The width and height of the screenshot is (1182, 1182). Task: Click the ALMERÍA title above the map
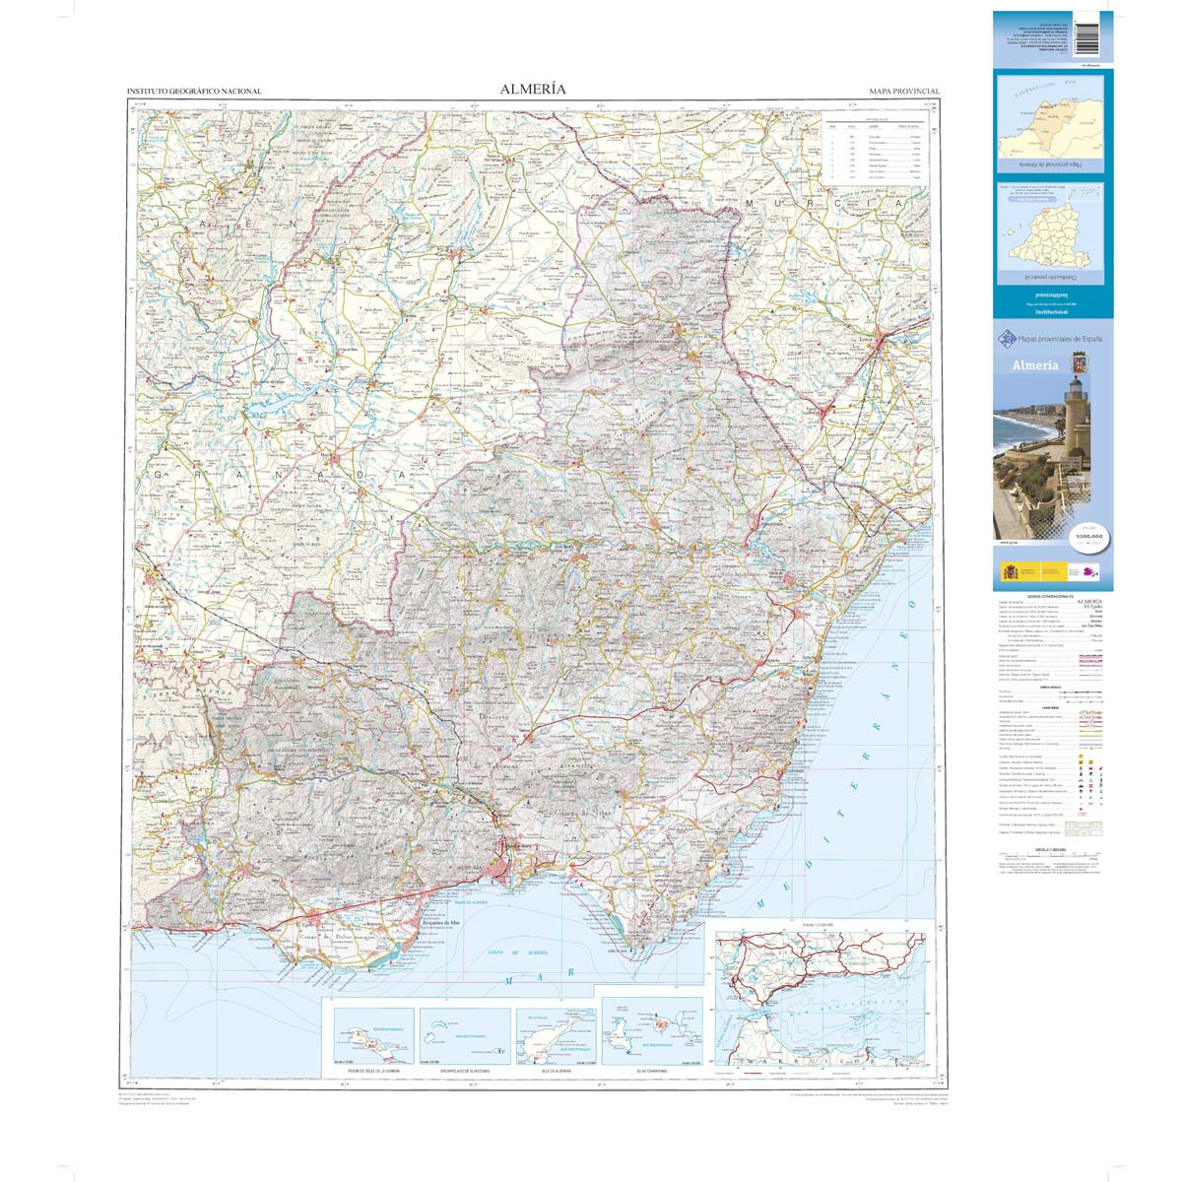coord(533,89)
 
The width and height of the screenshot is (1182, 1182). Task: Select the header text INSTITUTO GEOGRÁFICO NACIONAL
coord(194,92)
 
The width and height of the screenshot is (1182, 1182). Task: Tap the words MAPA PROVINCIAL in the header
coord(904,92)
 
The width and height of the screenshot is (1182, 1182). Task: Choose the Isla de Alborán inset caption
coord(557,1070)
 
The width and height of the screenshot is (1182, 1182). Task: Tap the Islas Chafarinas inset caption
coord(652,1070)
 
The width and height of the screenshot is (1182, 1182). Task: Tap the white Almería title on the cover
coord(1035,365)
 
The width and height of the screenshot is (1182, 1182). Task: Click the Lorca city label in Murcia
coord(868,340)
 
